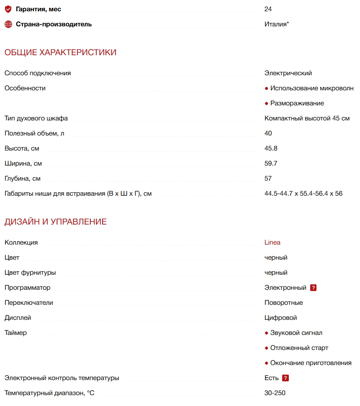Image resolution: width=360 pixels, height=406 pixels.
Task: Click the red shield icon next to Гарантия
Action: tap(8, 9)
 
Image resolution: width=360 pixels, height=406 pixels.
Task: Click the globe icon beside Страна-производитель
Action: tap(8, 24)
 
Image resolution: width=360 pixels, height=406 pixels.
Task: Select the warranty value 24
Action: tap(268, 9)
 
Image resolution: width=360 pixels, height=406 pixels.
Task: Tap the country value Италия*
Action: tap(276, 24)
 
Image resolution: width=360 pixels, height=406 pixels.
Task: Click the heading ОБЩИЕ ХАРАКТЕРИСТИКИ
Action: tap(60, 52)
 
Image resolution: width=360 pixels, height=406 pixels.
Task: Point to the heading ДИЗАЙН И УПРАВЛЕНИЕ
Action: tap(56, 222)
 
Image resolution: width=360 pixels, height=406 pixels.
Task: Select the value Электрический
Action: tap(288, 73)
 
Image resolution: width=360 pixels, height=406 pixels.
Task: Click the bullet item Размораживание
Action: tap(297, 103)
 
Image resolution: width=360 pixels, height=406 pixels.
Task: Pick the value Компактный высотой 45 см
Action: tap(307, 118)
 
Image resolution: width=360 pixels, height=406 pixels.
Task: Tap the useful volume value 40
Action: tap(268, 133)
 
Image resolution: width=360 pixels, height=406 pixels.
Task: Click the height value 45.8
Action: tap(271, 148)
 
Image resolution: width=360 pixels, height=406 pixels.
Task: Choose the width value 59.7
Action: tap(271, 163)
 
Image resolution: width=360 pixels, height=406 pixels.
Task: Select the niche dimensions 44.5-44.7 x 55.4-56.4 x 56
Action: tap(303, 194)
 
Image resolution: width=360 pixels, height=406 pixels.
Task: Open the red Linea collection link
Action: tap(273, 243)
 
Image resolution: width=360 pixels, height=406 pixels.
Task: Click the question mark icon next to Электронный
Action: tap(313, 288)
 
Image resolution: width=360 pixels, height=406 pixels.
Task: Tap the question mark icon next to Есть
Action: tap(285, 378)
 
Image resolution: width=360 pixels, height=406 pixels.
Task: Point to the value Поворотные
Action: tap(284, 303)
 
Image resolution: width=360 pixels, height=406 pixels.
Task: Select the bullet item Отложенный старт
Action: tap(299, 348)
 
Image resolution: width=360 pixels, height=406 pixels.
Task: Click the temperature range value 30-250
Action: tap(275, 393)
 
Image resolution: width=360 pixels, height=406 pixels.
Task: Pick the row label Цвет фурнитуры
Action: tap(30, 273)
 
